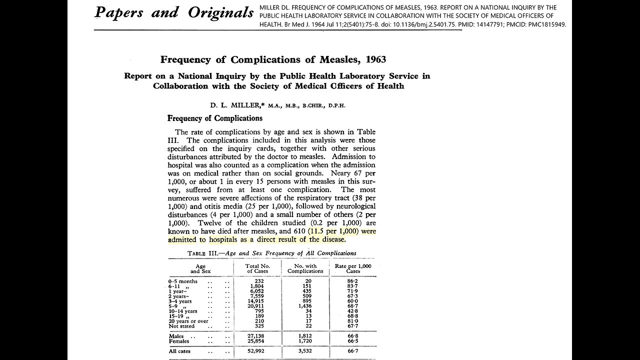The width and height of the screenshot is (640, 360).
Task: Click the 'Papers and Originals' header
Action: [x=174, y=13]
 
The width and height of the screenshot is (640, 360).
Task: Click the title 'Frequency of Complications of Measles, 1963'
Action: [x=273, y=59]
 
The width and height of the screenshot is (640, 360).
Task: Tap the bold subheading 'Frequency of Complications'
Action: [x=215, y=118]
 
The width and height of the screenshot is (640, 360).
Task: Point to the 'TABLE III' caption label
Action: [x=205, y=253]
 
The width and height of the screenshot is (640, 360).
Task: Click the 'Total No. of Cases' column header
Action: [x=258, y=268]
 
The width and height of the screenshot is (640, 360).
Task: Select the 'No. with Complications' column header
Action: [x=305, y=268]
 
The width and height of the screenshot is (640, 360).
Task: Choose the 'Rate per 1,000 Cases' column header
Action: [x=353, y=268]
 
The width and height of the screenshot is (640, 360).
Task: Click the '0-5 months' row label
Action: [x=182, y=281]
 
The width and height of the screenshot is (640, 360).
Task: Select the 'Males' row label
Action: [x=176, y=336]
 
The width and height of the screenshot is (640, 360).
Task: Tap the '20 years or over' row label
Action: [x=188, y=321]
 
